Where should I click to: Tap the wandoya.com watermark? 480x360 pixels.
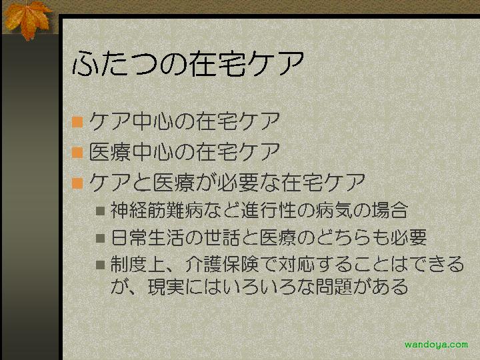[436, 345]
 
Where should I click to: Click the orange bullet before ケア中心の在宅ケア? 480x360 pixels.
[77, 121]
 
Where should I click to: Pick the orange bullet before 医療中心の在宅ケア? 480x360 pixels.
[77, 152]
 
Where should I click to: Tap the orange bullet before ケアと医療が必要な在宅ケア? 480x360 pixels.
[77, 183]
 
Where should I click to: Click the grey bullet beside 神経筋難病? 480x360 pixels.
[100, 211]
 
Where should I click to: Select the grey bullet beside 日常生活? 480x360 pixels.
[100, 238]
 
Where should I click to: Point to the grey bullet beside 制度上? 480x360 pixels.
[100, 265]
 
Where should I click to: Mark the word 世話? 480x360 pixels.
[221, 238]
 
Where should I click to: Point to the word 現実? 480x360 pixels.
[166, 287]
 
